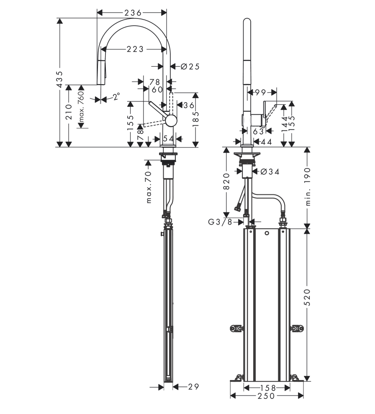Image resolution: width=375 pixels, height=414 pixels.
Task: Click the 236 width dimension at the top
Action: point(133,13)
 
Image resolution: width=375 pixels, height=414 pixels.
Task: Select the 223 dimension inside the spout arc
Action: point(135,49)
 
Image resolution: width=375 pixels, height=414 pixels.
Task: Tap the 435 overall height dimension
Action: point(60,79)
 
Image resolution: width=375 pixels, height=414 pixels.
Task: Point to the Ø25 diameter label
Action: point(190,67)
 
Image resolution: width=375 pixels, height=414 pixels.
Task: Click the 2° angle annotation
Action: point(117,96)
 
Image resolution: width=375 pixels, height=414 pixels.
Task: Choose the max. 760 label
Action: point(81,106)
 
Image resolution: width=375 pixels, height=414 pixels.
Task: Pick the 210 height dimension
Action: point(69,112)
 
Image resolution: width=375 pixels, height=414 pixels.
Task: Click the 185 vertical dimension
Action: point(195,119)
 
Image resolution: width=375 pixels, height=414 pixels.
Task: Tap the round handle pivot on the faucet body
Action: point(171,121)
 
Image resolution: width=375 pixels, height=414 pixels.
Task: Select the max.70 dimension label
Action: point(149,187)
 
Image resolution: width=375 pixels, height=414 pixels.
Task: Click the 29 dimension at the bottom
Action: point(193,387)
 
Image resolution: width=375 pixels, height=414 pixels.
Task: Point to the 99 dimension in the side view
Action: point(260,93)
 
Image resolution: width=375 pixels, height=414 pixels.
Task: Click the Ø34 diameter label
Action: point(270,172)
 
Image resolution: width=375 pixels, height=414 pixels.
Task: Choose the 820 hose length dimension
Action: point(226,181)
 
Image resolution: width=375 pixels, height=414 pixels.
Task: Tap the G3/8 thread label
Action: point(220,222)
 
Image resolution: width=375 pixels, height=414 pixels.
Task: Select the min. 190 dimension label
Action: point(308,186)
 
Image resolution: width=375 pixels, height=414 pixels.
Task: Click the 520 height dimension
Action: point(308,298)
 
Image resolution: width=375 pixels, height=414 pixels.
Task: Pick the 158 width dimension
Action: point(268,388)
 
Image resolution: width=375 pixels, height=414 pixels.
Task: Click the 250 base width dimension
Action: point(266,396)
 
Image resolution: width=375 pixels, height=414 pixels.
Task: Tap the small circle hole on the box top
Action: point(267,233)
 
